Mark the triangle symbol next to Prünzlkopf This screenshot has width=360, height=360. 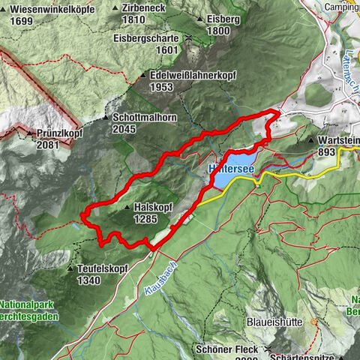click(x=29, y=133)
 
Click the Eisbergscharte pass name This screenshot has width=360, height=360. click(x=147, y=37)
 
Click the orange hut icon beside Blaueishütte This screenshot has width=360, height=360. click(x=313, y=322)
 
